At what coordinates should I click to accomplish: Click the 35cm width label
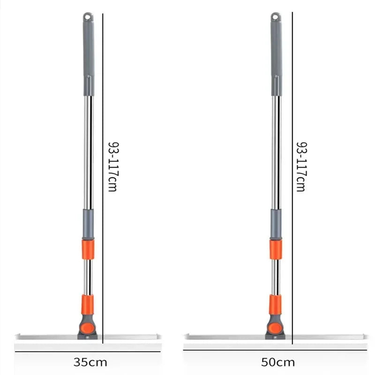[x=90, y=362]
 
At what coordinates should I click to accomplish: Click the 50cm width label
[x=278, y=362]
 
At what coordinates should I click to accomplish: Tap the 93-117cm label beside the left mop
[x=113, y=166]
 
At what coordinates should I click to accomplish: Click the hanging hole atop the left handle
[x=87, y=17]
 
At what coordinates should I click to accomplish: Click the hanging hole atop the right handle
[x=276, y=17]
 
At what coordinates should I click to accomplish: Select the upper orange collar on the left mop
[x=88, y=249]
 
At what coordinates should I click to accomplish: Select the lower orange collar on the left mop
[x=87, y=305]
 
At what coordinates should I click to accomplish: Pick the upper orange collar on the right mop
[x=276, y=249]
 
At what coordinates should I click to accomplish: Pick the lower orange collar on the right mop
[x=275, y=305]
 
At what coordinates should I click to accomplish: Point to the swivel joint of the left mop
[x=87, y=327]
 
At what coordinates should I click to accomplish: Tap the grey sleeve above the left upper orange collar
[x=88, y=224]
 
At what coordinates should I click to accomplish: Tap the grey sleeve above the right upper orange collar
[x=276, y=224]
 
